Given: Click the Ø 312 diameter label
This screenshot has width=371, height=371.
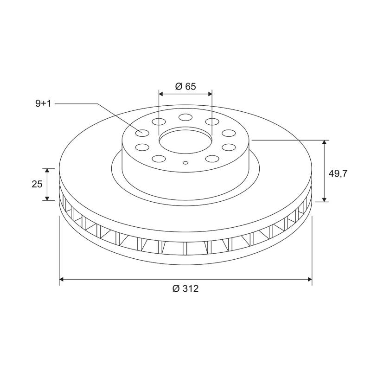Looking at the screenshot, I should point(185,288).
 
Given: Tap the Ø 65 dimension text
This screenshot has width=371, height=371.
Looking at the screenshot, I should point(185,86).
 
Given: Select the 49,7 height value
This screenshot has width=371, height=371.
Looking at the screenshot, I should point(338,173).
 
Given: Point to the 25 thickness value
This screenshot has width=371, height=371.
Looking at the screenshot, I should point(38,184).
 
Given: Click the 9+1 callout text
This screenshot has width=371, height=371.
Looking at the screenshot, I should point(43,103).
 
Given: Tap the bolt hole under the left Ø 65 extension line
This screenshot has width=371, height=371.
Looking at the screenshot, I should point(159,122).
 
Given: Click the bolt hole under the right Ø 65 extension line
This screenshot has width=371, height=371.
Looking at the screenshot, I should point(212,122).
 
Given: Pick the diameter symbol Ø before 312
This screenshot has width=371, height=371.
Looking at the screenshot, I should point(176,288).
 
